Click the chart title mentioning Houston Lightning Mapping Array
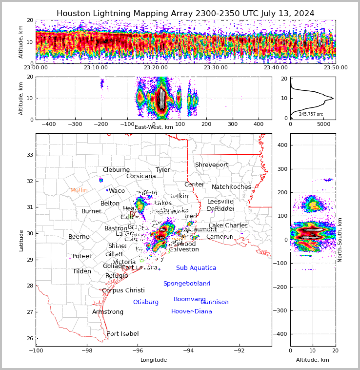point(185,14)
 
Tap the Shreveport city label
point(212,165)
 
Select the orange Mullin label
point(79,190)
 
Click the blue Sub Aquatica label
point(196,268)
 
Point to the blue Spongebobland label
point(187,284)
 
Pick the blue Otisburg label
point(146,302)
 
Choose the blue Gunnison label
point(215,302)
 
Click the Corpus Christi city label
point(123,290)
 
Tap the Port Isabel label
point(123,334)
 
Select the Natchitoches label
point(231,187)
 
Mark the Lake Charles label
point(228,226)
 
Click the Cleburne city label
point(116,170)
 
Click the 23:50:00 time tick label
point(334,68)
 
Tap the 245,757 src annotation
point(311,114)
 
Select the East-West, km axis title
point(154,127)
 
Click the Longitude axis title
point(154,360)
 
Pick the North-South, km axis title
point(340,240)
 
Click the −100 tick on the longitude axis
point(36,350)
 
